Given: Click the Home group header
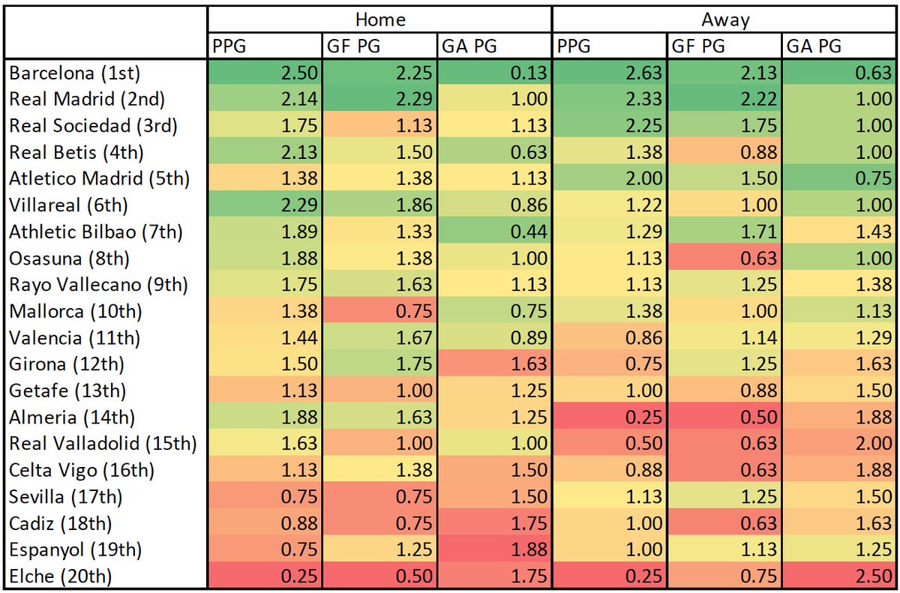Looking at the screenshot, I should point(379,19).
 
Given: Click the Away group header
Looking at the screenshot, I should point(724,19).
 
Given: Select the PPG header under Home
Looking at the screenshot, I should point(229,46).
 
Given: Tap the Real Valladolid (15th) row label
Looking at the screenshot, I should point(103,444).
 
